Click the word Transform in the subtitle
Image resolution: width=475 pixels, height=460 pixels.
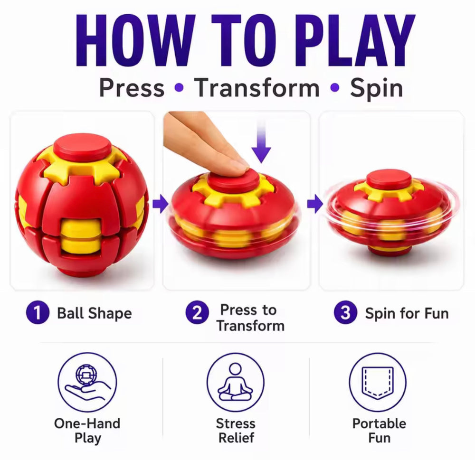click(256, 88)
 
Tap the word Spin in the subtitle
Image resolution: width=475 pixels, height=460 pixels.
click(376, 89)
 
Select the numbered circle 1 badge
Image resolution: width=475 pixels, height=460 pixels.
click(38, 312)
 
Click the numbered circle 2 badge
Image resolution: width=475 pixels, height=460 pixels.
click(197, 312)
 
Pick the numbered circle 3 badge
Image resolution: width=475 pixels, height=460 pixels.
click(345, 312)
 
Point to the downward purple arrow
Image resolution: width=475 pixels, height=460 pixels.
click(261, 142)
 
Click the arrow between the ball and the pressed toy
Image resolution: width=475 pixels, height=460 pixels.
click(160, 204)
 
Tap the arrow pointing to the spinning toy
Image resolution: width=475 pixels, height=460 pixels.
click(315, 204)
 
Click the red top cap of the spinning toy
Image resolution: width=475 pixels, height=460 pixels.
click(389, 178)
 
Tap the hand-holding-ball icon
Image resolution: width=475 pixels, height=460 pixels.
click(87, 383)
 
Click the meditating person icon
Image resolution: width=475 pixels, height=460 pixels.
click(236, 383)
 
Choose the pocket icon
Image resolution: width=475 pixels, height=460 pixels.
click(378, 383)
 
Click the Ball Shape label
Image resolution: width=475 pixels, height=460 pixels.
click(95, 313)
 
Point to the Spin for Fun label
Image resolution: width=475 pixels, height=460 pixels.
click(407, 313)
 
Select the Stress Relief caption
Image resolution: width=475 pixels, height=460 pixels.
click(236, 431)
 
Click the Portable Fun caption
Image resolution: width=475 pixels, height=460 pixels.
click(379, 431)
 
